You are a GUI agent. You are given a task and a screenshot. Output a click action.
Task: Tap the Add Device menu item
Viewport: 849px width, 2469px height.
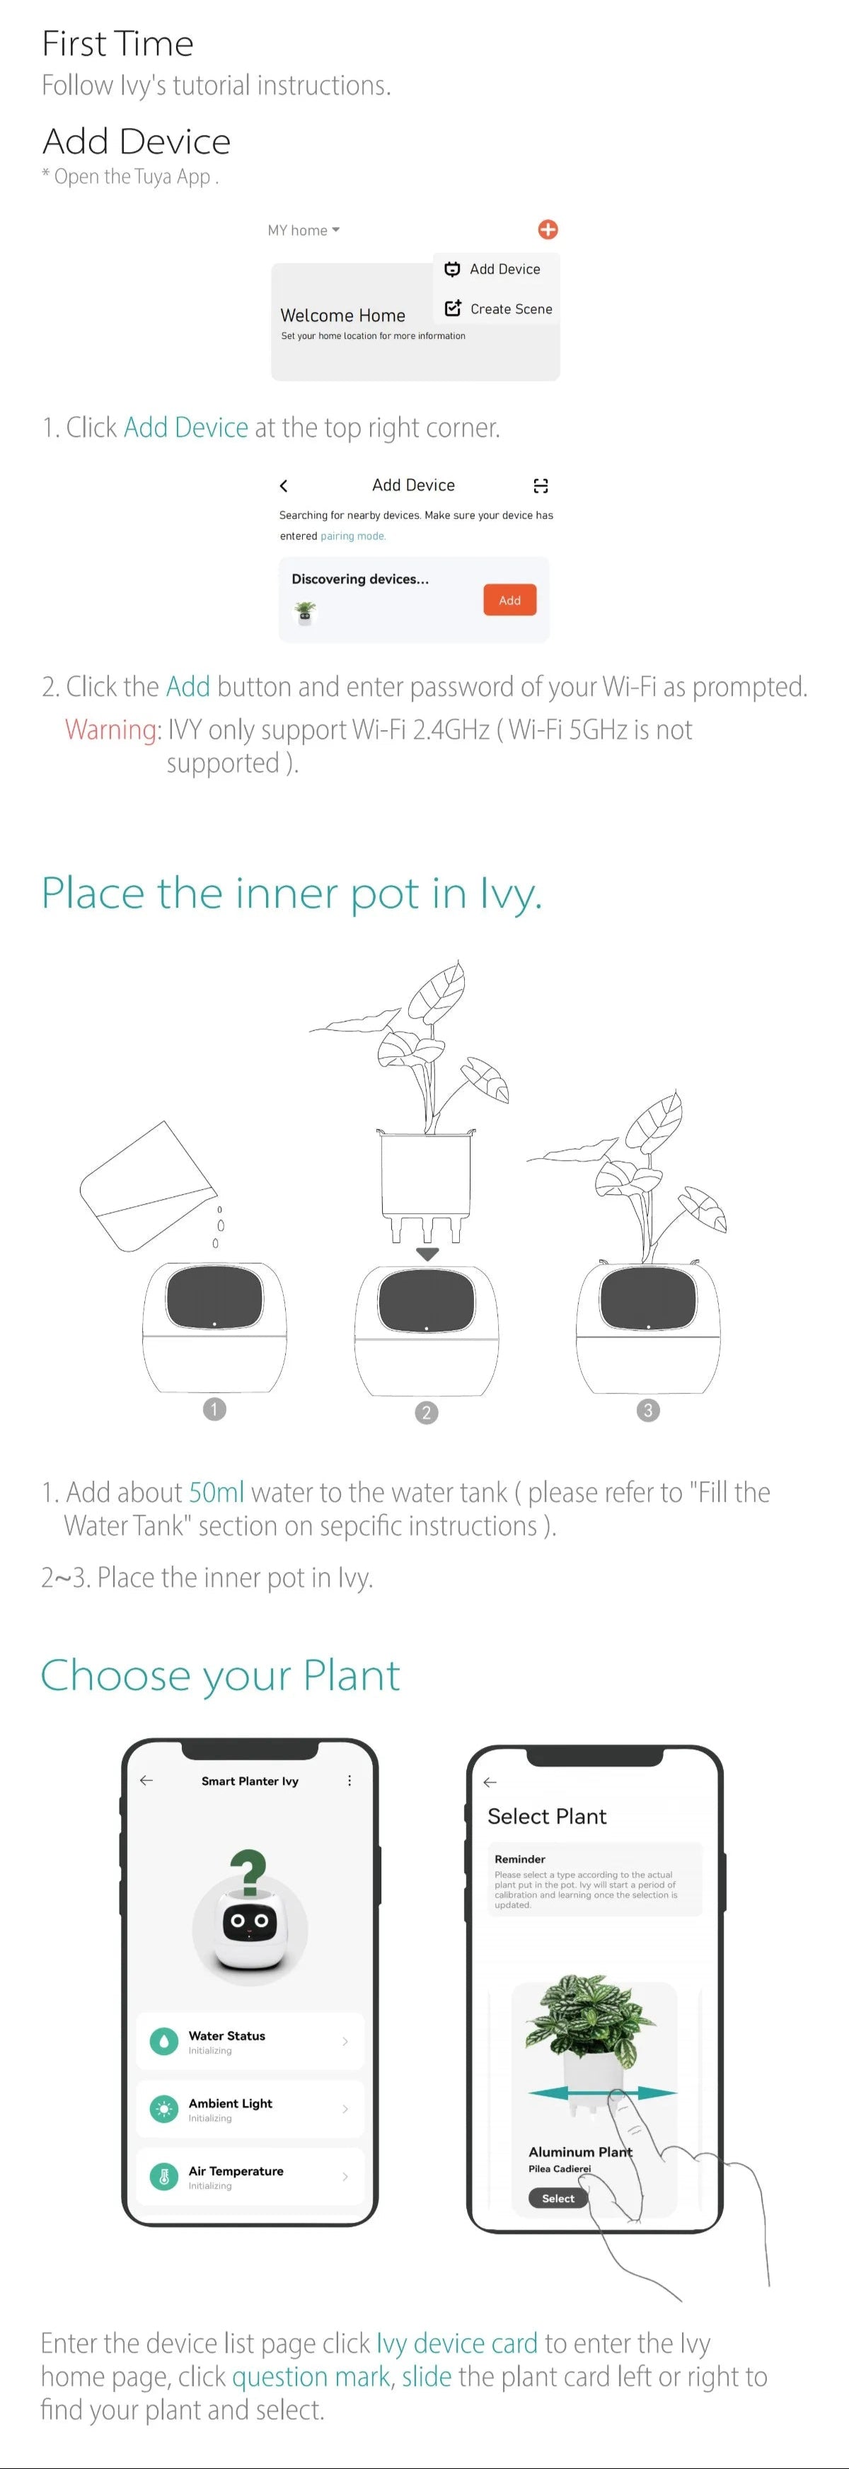pyautogui.click(x=492, y=270)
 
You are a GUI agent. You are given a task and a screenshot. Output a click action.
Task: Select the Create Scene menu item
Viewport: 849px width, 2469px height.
pyautogui.click(x=498, y=308)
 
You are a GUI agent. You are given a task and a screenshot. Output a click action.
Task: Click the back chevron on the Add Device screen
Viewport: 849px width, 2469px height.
pyautogui.click(x=284, y=486)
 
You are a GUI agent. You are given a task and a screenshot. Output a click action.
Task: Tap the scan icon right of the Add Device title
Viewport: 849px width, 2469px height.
pyautogui.click(x=541, y=486)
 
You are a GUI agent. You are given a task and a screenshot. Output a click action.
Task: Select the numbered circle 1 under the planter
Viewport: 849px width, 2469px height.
pyautogui.click(x=214, y=1409)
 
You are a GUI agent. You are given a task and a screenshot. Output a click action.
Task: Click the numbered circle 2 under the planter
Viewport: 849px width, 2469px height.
pyautogui.click(x=427, y=1413)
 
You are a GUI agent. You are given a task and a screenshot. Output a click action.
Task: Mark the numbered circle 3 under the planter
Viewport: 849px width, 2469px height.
pyautogui.click(x=648, y=1410)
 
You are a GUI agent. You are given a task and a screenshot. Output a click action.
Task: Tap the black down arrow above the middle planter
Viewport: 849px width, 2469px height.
pyautogui.click(x=427, y=1254)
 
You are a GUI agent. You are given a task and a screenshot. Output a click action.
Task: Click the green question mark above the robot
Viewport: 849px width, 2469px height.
pyautogui.click(x=248, y=1873)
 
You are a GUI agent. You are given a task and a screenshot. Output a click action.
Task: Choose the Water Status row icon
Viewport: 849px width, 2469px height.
pyautogui.click(x=164, y=2042)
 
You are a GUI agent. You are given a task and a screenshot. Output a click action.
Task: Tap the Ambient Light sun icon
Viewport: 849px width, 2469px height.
pyautogui.click(x=164, y=2109)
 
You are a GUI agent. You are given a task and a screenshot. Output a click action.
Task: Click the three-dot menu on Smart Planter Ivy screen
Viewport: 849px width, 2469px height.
pyautogui.click(x=349, y=1781)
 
